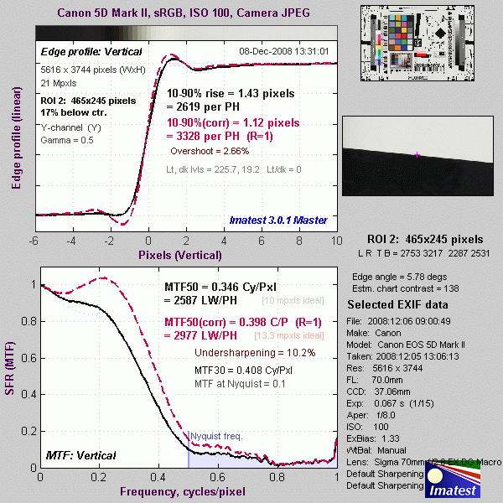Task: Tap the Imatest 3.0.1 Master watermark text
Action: click(x=277, y=220)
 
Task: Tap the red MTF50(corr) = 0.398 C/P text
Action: click(x=220, y=323)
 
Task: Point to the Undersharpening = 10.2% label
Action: click(x=243, y=352)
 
